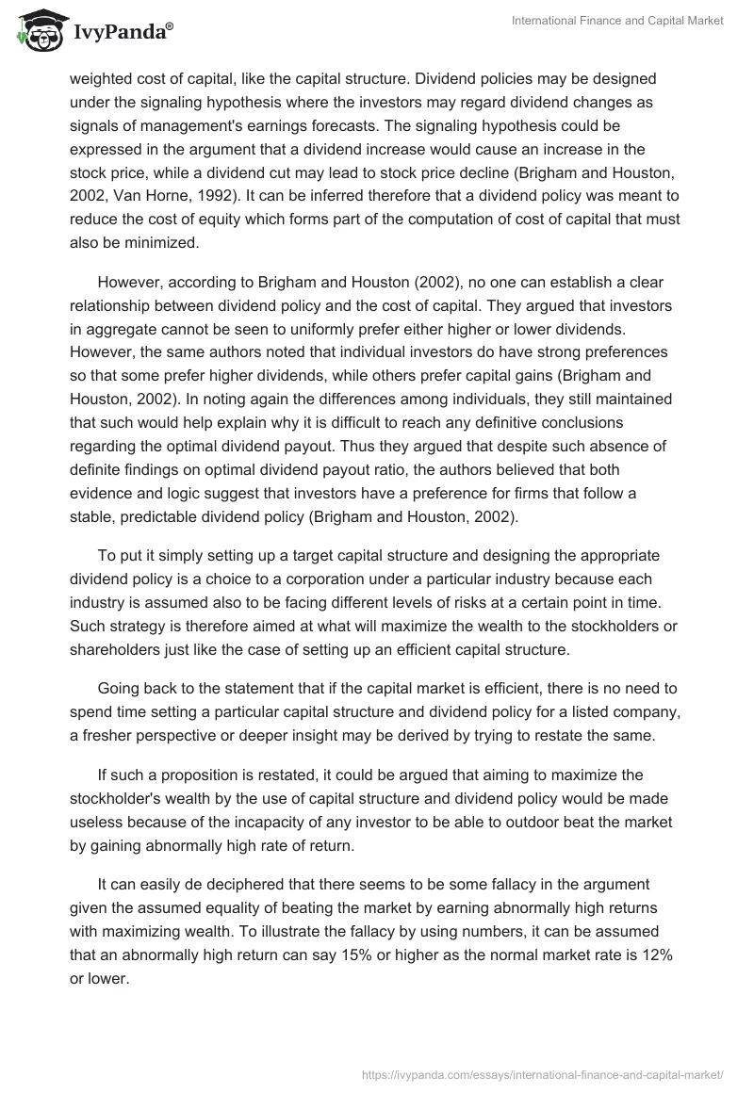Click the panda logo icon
coord(37,32)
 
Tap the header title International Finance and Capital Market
coord(617,22)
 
